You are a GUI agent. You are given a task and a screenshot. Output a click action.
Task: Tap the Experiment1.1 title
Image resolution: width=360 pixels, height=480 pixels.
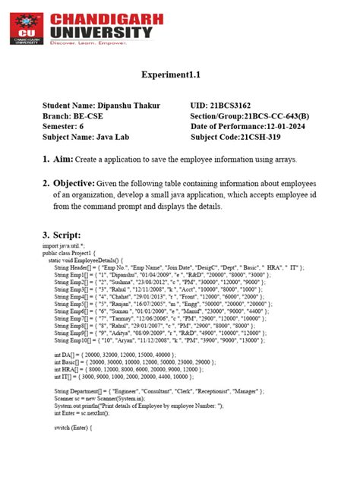pyautogui.click(x=179, y=76)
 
